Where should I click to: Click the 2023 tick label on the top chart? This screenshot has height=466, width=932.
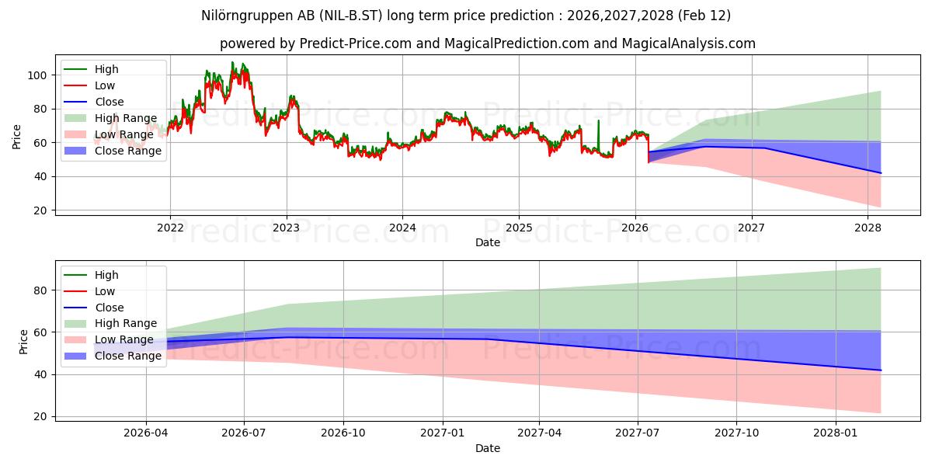click(287, 228)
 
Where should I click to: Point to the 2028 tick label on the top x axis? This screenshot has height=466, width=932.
click(868, 228)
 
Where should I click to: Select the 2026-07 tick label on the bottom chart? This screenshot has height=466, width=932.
click(244, 433)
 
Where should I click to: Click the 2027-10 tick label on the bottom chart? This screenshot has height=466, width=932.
click(736, 433)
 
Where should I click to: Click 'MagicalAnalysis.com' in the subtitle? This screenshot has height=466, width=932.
click(688, 43)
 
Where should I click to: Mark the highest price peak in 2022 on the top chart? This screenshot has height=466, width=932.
click(232, 63)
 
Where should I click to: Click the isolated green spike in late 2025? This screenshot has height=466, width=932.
click(598, 121)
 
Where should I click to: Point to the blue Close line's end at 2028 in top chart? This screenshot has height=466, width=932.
click(881, 173)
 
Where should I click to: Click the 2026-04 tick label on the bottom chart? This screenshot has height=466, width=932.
click(146, 433)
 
